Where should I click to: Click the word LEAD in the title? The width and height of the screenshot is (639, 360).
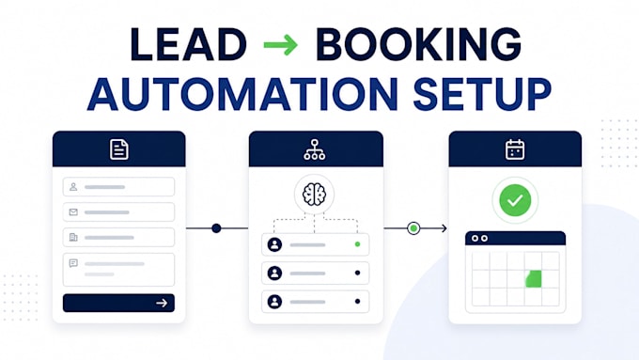pos(189,44)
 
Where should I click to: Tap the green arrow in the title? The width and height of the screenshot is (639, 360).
pos(281,44)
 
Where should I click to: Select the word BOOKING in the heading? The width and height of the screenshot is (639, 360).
pos(418,44)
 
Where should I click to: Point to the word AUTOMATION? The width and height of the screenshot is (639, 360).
pos(242,94)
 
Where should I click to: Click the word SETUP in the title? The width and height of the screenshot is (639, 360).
pos(482,94)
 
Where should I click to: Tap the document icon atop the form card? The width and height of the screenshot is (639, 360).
pos(119,149)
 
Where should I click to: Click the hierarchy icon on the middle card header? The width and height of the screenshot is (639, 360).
pos(315,149)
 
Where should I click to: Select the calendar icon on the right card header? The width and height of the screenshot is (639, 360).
pos(515,149)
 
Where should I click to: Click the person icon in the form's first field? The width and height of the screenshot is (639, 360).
pos(73,187)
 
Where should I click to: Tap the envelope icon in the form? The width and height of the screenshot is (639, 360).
pos(73,212)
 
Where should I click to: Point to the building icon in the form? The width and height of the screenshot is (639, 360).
pos(73,237)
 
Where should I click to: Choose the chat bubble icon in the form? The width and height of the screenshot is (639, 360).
pos(73,263)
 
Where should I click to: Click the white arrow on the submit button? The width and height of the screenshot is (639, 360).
pos(162,303)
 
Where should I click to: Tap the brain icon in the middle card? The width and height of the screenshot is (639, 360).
pos(314,194)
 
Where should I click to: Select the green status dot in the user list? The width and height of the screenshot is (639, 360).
pos(357,244)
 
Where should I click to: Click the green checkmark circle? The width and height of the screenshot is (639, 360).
pos(515,200)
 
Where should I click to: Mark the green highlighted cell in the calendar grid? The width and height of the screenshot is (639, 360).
pos(533,279)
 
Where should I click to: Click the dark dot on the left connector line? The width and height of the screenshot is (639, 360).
pos(216,228)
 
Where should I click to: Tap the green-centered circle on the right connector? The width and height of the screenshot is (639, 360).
pos(413,228)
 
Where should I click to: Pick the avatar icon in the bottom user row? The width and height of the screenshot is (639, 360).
pos(274,302)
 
